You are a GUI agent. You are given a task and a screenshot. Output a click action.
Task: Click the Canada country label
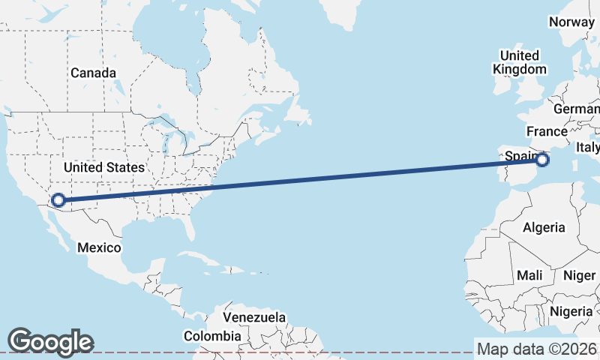pyautogui.click(x=93, y=73)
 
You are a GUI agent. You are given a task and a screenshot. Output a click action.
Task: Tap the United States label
pyautogui.click(x=103, y=167)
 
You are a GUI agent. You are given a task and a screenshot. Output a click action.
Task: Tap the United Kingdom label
pyautogui.click(x=519, y=62)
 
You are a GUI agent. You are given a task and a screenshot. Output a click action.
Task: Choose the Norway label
pyautogui.click(x=571, y=22)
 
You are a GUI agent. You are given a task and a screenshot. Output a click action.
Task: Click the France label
pyautogui.click(x=547, y=131)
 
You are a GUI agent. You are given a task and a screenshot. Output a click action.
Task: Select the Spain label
pyautogui.click(x=520, y=155)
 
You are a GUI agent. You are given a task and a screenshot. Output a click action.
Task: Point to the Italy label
pyautogui.click(x=588, y=148)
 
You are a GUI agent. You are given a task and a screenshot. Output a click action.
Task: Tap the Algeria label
pyautogui.click(x=544, y=227)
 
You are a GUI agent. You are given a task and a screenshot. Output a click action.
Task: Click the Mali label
pyautogui.click(x=529, y=275)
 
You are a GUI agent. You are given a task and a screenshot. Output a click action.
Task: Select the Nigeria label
pyautogui.click(x=571, y=310)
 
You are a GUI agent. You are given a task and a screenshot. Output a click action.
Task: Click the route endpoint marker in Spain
pyautogui.click(x=543, y=159)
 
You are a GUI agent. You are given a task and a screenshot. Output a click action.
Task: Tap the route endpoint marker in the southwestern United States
pyautogui.click(x=57, y=201)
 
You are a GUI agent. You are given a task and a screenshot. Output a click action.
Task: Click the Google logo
pyautogui.click(x=50, y=342)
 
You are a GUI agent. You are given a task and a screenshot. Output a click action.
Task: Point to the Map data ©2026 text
pyautogui.click(x=536, y=349)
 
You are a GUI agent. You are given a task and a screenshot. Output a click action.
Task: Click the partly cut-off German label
pyautogui.click(x=577, y=109)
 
